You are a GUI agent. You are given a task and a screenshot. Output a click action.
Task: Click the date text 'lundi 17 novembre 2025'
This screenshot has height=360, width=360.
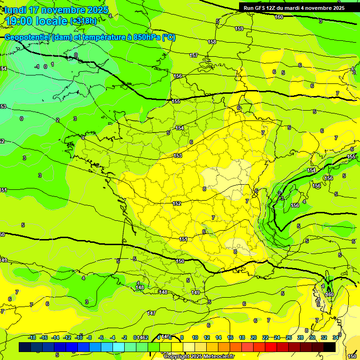56,10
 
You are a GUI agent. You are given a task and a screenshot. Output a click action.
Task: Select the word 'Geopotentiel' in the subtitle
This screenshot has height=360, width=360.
26,37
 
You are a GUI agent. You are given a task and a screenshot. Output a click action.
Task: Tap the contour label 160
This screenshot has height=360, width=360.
279,17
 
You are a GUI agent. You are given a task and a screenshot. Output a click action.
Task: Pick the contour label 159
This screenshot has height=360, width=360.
239,29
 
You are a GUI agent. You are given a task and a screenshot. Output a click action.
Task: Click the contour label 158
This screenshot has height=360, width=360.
212,42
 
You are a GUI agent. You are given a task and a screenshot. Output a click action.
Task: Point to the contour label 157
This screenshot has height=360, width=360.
194,56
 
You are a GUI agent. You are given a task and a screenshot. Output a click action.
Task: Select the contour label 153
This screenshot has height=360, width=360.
178,156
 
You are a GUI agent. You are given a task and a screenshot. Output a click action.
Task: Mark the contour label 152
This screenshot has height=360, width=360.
177,203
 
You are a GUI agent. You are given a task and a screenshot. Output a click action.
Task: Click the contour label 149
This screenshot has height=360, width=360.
196,293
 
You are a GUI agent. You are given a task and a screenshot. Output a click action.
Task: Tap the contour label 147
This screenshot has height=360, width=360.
151,313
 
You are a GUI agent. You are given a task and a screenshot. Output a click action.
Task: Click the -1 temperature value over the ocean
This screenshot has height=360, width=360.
37,67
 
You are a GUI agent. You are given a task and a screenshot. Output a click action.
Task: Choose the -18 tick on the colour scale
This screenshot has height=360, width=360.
32,337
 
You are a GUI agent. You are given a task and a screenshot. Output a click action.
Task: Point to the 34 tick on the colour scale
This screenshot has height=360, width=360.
336,337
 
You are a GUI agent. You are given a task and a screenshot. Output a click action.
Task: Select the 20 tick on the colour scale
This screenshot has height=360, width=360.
254,337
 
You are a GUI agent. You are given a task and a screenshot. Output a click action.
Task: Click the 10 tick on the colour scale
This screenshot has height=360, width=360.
195,337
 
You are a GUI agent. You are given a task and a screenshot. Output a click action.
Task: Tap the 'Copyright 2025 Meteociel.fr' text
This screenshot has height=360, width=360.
199,356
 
